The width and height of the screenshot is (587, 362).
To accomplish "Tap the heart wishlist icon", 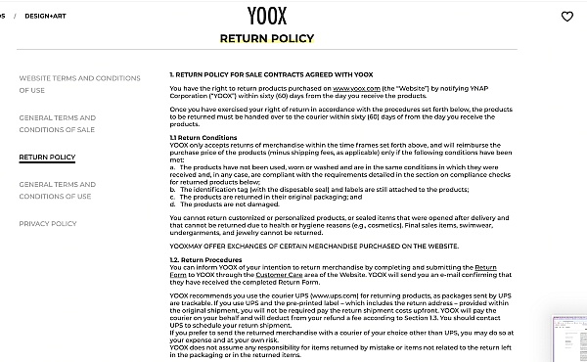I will tap(567, 17).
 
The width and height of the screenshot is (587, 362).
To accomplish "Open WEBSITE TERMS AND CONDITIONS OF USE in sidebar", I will tap(79, 83).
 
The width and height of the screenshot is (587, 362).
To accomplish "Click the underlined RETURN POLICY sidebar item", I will tap(47, 157).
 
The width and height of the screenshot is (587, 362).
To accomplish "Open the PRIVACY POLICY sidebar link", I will tap(47, 223).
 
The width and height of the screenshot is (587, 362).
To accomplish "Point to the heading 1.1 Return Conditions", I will tap(203, 138).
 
